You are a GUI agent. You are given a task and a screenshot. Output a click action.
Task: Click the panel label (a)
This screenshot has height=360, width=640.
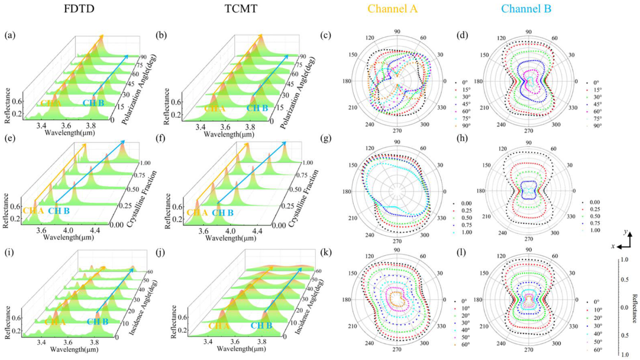tap(10, 35)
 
